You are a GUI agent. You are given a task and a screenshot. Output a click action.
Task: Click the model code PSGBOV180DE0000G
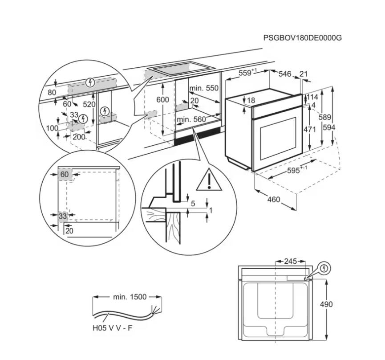pos(302,38)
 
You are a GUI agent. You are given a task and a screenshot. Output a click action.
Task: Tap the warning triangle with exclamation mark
pos(209,180)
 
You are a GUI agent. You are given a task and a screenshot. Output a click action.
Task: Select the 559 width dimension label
pos(247,74)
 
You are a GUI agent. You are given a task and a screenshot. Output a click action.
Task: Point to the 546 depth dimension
pos(284,74)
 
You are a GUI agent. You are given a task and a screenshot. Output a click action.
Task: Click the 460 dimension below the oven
pos(274,199)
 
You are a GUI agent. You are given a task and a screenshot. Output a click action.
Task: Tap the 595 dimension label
pos(295,171)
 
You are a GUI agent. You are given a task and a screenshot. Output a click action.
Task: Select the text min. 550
pos(204,88)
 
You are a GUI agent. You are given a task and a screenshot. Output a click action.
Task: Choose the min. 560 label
pos(191,119)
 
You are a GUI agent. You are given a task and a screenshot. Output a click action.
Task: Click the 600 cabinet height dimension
pos(163,100)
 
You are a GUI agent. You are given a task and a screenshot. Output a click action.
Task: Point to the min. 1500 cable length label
pos(130,297)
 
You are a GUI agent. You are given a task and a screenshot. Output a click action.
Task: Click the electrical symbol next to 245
pos(325,268)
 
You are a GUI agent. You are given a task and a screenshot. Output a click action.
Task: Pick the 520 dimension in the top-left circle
pos(90,104)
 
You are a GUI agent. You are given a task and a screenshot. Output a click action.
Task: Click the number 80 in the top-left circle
pos(52,93)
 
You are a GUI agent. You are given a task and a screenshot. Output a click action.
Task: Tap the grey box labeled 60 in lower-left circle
pos(65,174)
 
